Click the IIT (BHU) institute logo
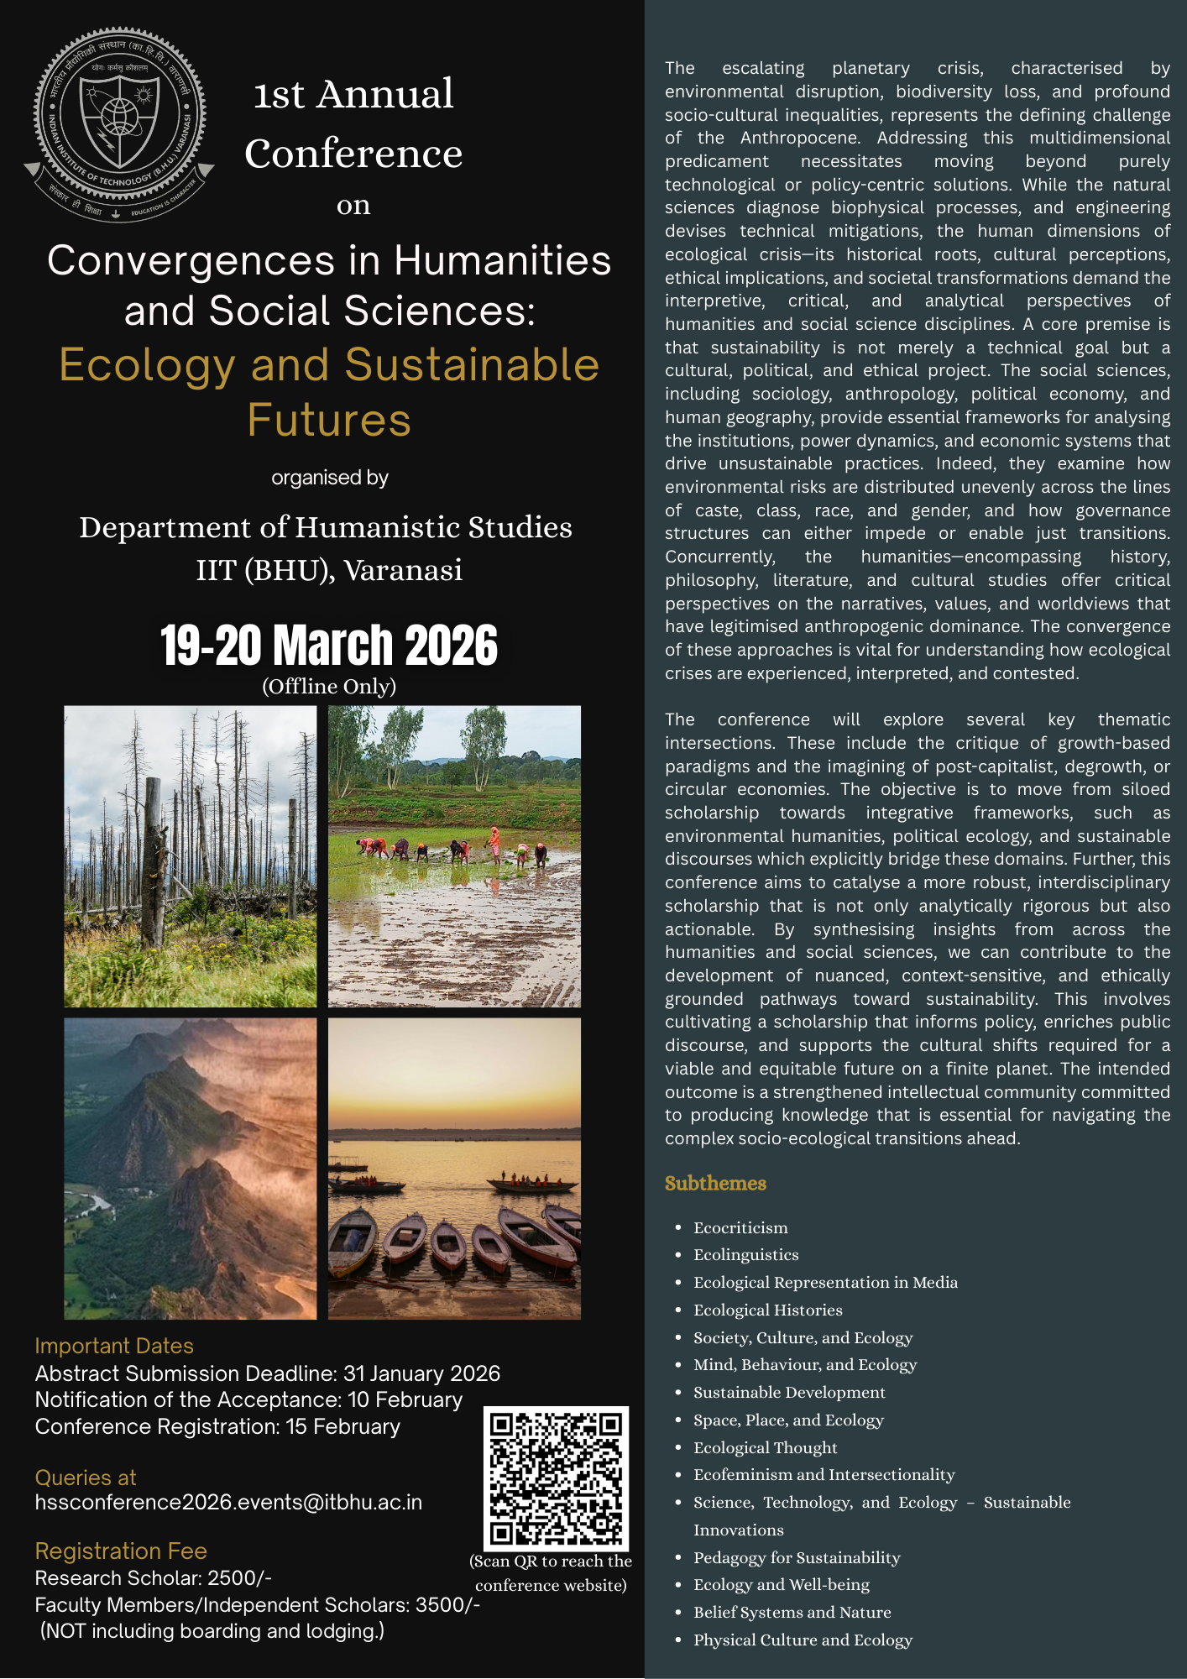119,126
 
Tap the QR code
556,1478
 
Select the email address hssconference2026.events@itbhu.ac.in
228,1502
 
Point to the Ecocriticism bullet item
740,1227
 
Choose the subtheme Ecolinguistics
745,1254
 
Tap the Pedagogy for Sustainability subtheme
796,1557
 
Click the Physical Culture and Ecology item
803,1640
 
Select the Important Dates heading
114,1346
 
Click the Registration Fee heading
121,1551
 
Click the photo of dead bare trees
191,856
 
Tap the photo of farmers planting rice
454,856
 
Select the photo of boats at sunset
454,1169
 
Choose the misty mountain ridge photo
191,1169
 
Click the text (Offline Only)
329,686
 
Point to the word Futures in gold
329,420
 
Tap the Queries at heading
86,1478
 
